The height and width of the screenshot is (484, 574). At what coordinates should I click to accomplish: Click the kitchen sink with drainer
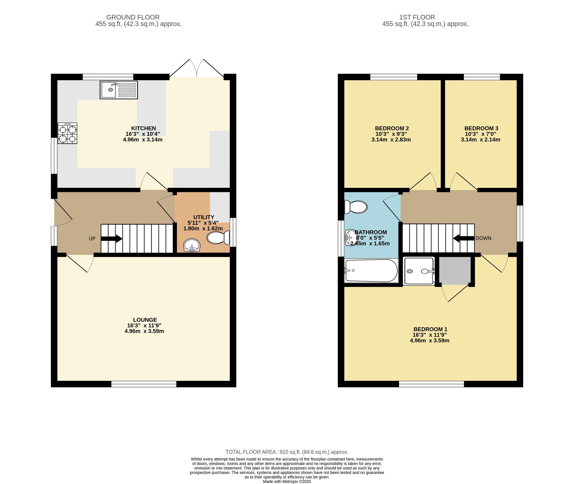119,90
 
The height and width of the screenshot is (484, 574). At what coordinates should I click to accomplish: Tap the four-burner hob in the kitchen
67,133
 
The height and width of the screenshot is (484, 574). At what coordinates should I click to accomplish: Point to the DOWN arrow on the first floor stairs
464,238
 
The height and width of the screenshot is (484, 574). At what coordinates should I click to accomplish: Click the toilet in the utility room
218,238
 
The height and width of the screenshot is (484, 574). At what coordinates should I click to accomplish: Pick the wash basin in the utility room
192,245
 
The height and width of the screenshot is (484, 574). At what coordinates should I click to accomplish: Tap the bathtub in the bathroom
371,271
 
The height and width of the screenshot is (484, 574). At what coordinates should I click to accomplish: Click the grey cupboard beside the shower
455,271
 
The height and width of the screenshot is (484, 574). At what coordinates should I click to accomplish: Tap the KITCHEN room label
143,128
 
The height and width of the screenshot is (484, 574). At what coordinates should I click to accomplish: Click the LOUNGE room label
145,320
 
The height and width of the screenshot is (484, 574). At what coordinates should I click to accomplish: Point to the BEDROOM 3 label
481,128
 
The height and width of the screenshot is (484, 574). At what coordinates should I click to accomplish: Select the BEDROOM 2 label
392,128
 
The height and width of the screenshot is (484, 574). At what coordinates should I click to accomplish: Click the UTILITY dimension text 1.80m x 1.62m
203,228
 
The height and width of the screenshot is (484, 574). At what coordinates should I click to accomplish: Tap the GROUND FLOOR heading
133,17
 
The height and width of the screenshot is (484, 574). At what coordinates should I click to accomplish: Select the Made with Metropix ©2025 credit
287,482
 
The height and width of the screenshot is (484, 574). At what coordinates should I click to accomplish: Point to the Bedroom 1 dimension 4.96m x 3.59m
430,340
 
